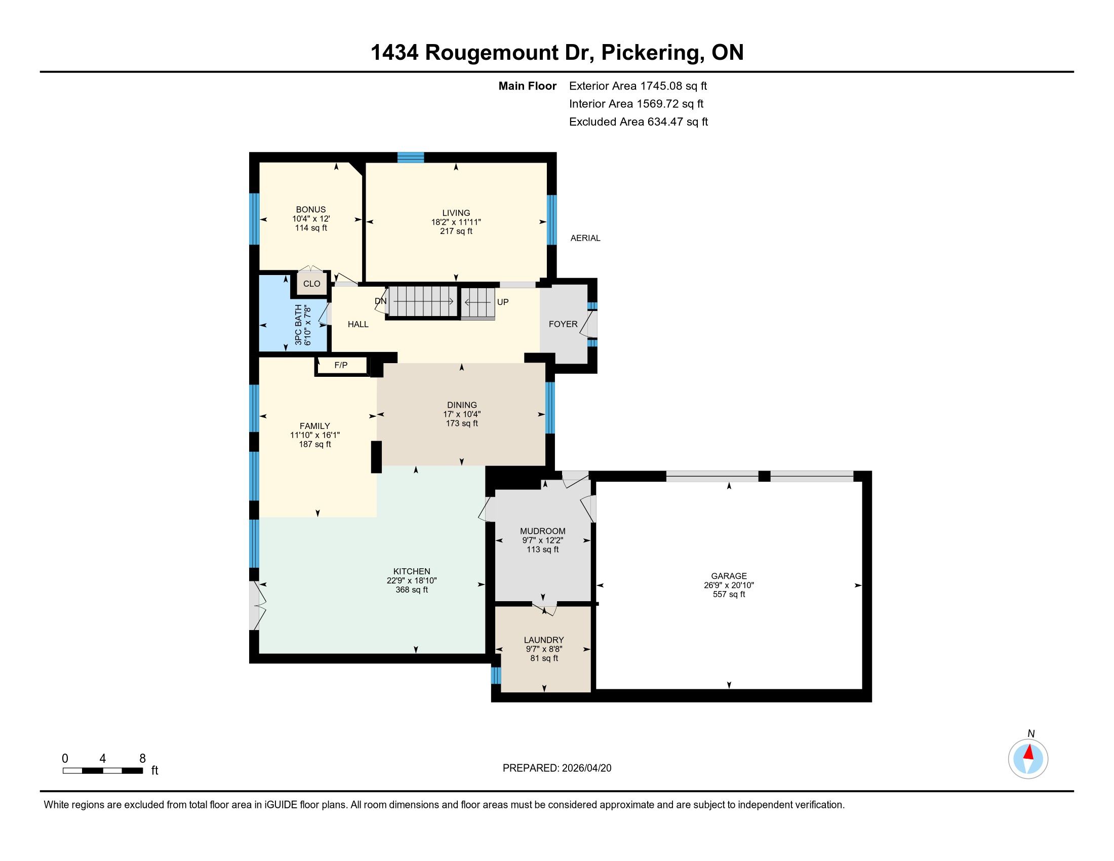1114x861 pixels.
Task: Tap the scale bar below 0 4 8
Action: click(102, 771)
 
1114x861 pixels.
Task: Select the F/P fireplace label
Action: click(341, 365)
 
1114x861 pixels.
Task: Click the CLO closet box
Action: click(311, 284)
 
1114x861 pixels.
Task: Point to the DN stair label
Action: click(380, 301)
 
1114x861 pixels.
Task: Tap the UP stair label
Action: click(503, 302)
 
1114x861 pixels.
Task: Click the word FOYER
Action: click(563, 324)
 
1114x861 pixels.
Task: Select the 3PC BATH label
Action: click(298, 325)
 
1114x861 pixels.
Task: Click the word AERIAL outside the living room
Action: click(585, 238)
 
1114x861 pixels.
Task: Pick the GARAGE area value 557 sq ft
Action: click(729, 594)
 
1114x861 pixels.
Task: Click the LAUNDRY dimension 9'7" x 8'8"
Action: click(544, 649)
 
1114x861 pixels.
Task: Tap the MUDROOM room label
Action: click(543, 531)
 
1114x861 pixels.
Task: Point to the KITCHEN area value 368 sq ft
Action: click(412, 590)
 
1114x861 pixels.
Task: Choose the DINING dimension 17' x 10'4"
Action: click(462, 414)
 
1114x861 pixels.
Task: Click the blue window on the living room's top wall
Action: click(411, 157)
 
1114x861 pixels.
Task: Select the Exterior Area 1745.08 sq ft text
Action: click(638, 86)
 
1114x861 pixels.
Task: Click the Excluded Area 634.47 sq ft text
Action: click(639, 122)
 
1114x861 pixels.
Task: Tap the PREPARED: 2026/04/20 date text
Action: click(557, 768)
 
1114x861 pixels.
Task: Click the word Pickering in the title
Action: click(649, 53)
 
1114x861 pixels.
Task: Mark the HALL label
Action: click(358, 325)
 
